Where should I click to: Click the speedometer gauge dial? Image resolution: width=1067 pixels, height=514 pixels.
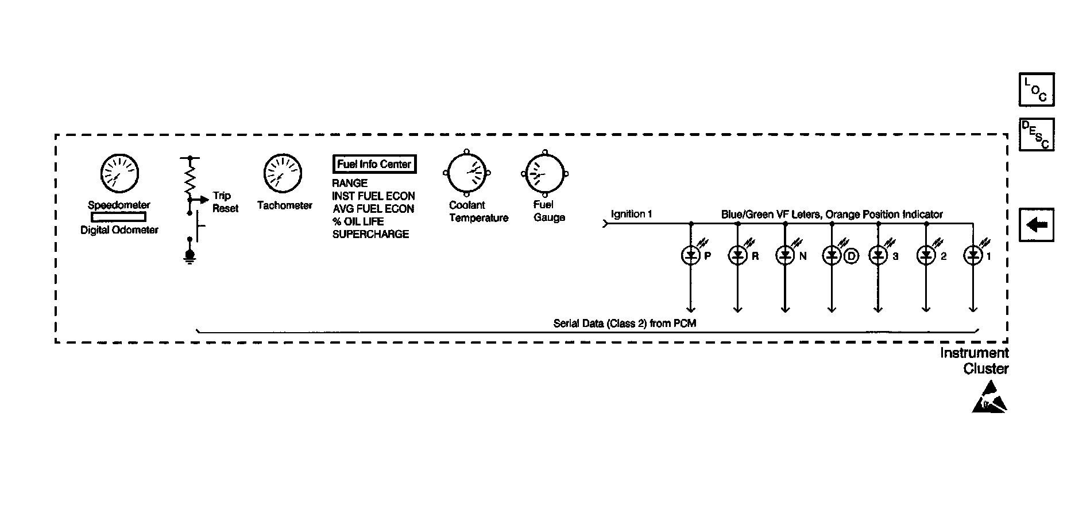click(x=119, y=173)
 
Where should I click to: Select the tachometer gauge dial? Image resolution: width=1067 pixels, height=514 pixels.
click(x=283, y=173)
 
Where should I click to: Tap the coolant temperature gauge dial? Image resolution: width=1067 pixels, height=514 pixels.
click(x=466, y=173)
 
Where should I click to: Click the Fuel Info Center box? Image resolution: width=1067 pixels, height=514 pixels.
click(x=374, y=164)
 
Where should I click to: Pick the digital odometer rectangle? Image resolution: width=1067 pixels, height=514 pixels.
click(x=119, y=217)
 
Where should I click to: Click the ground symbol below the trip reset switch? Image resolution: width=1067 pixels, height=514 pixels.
click(x=190, y=256)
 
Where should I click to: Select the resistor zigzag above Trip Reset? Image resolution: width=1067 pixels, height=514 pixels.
click(x=190, y=178)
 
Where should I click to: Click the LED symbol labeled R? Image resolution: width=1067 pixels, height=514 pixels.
click(x=737, y=255)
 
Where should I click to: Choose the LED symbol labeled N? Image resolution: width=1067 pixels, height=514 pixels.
click(x=785, y=255)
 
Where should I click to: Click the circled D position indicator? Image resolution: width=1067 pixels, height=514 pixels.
click(x=850, y=256)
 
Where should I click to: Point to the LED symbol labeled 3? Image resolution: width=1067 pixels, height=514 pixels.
click(x=878, y=255)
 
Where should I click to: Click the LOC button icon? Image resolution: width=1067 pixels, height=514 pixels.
click(x=1037, y=89)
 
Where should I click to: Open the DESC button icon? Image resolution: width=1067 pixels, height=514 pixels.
click(x=1037, y=135)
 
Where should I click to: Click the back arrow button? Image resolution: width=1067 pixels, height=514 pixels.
click(x=1037, y=225)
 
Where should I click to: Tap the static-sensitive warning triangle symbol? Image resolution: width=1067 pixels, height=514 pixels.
click(x=989, y=399)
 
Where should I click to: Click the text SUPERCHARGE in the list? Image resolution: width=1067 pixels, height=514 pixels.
click(x=370, y=234)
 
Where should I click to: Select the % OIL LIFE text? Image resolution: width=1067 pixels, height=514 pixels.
click(x=358, y=221)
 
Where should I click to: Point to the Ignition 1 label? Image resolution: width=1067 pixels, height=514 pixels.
click(x=631, y=214)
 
